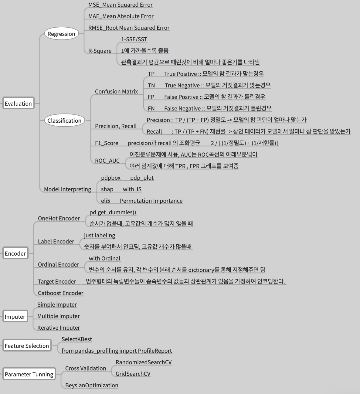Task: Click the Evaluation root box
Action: coord(18,104)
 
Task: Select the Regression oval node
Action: coord(61,34)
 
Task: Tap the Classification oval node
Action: coord(64,121)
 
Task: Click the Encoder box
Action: coord(15,253)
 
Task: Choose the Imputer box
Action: coord(15,317)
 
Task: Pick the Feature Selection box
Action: coord(27,346)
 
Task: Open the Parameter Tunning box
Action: coord(29,374)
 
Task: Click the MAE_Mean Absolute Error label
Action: coord(121,16)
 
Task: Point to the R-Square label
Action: coord(100,51)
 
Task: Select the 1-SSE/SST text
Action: coord(134,39)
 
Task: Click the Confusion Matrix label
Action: coord(116,91)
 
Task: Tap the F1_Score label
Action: coord(107,143)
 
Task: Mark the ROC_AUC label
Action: coord(107,161)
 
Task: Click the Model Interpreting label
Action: coord(67,189)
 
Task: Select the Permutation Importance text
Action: coord(151,201)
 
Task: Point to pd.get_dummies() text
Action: coord(113,212)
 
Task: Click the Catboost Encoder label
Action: coord(60,293)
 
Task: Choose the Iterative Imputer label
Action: coord(59,328)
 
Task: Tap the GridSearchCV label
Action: coord(133,374)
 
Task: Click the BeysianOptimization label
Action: coord(92,385)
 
